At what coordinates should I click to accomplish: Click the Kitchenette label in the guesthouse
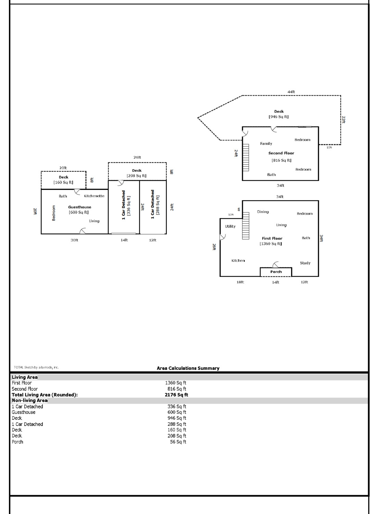(x=94, y=196)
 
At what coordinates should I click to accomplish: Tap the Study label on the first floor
(x=305, y=263)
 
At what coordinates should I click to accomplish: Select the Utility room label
(x=230, y=227)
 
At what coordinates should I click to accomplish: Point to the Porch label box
(x=276, y=272)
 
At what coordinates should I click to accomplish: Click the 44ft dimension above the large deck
(x=291, y=92)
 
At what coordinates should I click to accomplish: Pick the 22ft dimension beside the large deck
(x=343, y=120)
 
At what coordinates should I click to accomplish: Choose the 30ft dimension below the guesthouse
(x=74, y=240)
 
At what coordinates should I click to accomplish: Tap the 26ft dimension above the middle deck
(x=137, y=158)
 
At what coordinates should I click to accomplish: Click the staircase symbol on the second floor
(x=246, y=157)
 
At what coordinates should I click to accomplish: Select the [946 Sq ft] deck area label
(x=278, y=117)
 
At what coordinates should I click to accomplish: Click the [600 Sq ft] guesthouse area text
(x=79, y=212)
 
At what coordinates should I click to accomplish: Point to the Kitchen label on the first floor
(x=238, y=261)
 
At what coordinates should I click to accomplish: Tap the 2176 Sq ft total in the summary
(x=176, y=395)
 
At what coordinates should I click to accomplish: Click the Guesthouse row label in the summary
(x=24, y=412)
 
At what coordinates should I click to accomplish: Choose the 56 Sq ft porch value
(x=178, y=442)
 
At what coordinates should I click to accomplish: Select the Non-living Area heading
(x=30, y=401)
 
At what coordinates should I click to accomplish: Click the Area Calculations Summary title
(x=188, y=368)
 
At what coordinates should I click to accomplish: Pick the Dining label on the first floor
(x=263, y=212)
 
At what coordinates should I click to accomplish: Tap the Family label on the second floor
(x=266, y=144)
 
